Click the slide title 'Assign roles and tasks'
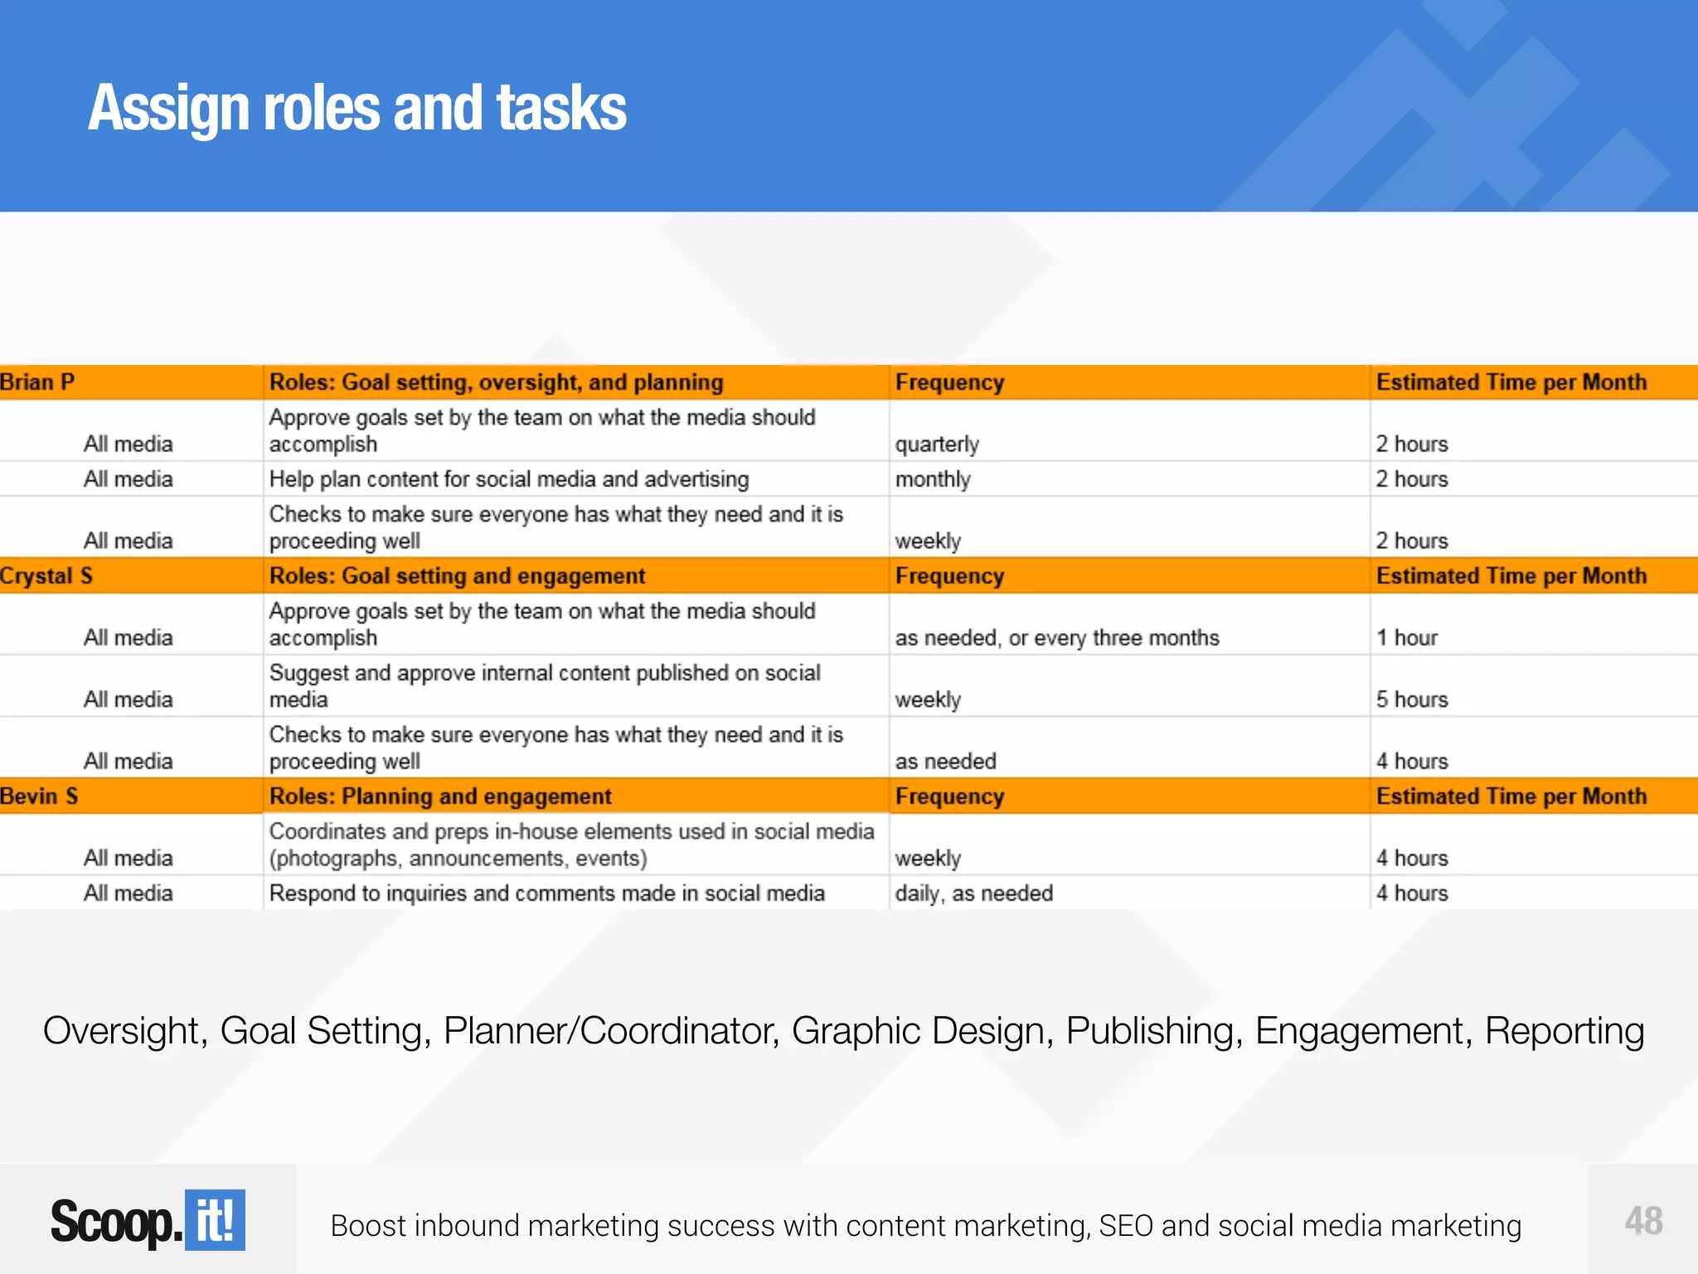coord(357,109)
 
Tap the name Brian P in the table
coord(37,382)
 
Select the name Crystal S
coord(46,576)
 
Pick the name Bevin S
coord(39,796)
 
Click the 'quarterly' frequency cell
coord(937,445)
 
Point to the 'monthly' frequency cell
coord(933,479)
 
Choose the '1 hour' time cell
coord(1407,638)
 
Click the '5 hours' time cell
coord(1412,700)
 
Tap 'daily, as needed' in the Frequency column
coord(974,893)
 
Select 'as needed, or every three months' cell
coord(1057,638)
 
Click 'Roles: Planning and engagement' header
coord(440,796)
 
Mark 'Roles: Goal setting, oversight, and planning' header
coord(496,382)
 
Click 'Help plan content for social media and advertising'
coord(509,479)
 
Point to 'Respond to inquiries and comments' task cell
coord(547,893)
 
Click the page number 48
coord(1643,1221)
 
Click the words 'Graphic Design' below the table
coord(922,1031)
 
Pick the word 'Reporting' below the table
coord(1564,1031)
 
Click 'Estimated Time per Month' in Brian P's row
coord(1511,382)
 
